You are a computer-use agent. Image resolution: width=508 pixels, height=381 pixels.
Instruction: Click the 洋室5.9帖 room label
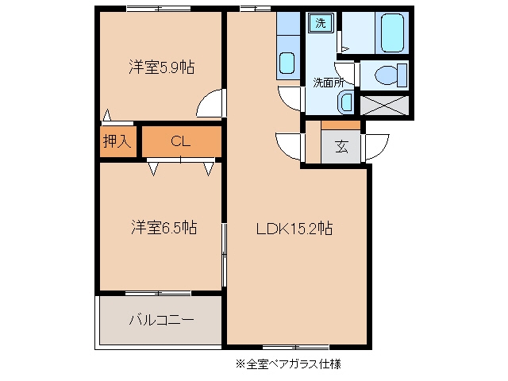pos(162,67)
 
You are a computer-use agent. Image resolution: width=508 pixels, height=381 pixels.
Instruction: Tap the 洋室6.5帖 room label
pos(164,227)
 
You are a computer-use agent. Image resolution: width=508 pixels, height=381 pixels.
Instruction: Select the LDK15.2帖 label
pos(294,229)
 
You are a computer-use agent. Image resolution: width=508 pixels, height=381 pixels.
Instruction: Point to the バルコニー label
pos(162,320)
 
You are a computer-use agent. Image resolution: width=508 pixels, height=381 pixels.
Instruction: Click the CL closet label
pos(180,141)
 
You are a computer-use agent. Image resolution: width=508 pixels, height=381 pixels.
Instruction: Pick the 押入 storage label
pos(117,141)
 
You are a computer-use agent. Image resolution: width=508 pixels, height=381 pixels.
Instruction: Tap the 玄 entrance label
pos(342,147)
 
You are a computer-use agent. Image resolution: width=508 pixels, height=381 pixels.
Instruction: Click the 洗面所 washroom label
pos(329,83)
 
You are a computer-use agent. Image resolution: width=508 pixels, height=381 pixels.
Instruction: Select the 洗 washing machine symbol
pos(321,23)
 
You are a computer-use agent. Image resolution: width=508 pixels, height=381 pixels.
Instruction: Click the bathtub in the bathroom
pos(392,33)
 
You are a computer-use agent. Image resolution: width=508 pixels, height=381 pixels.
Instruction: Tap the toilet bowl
pos(387,75)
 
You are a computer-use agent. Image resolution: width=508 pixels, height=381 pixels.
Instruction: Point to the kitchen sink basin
pos(287,63)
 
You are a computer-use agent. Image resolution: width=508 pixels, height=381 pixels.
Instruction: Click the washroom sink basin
pos(346,102)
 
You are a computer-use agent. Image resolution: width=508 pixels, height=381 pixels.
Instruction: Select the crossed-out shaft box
pos(384,106)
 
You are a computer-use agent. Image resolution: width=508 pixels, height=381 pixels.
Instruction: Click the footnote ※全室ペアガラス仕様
pos(288,364)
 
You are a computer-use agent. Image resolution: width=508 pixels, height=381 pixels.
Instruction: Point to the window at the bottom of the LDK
pos(296,348)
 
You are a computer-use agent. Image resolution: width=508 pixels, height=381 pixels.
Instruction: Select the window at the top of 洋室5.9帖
pos(159,9)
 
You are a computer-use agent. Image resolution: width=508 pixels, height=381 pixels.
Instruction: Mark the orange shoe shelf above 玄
pos(341,125)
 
